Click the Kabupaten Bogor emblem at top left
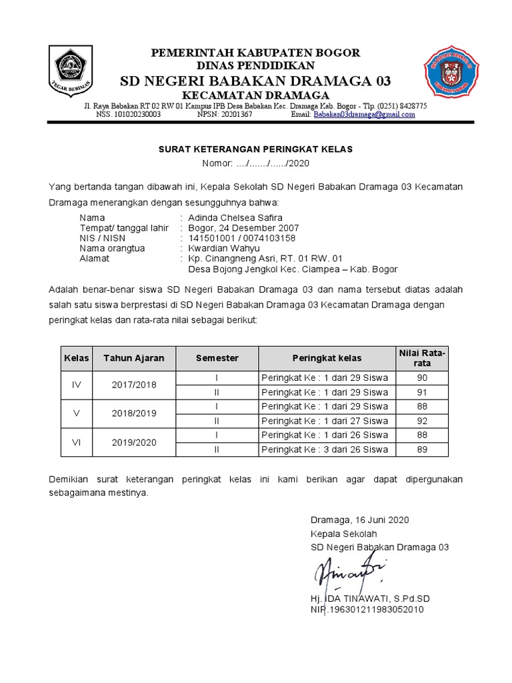coord(70,71)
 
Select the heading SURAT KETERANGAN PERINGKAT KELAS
coord(255,149)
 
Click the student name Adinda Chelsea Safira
coord(235,218)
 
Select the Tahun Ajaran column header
coord(133,358)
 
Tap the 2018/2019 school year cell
coord(133,414)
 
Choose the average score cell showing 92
coord(421,421)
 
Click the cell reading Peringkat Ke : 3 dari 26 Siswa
coord(325,449)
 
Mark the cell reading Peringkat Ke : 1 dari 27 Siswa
coord(325,421)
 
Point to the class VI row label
coord(76,442)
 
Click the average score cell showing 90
coord(421,378)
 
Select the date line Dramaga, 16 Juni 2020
coord(359,520)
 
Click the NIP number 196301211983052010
coord(367,610)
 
